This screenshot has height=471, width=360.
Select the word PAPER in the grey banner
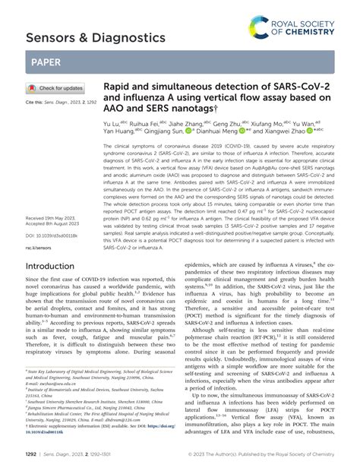(47, 65)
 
